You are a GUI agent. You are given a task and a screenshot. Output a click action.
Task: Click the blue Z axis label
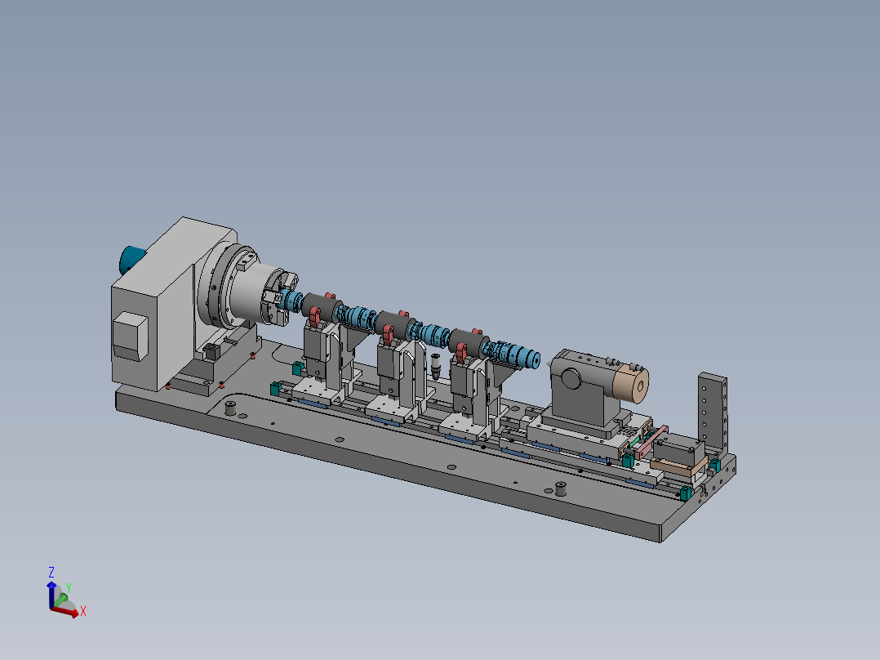pos(51,573)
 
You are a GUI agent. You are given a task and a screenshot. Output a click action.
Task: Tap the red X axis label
pos(83,611)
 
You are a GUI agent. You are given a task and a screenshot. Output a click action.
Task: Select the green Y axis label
pos(68,588)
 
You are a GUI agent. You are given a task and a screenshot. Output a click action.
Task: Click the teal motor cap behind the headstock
pos(132,260)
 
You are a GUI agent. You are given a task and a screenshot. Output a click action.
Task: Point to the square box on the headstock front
pos(131,336)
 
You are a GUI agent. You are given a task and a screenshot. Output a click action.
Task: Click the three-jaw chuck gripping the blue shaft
pos(278,297)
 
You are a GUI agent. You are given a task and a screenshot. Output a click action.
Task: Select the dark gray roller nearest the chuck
pos(321,308)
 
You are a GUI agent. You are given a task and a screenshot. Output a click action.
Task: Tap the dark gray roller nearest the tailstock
pos(467,342)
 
